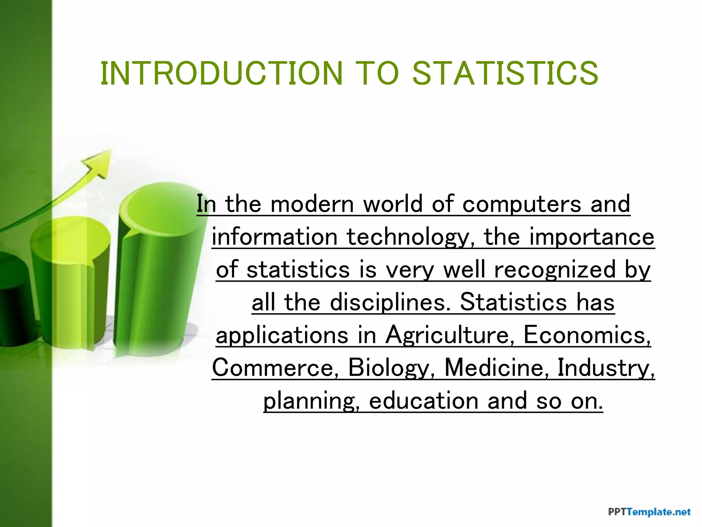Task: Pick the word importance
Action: click(592, 237)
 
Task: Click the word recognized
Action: click(555, 270)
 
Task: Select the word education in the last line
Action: click(424, 400)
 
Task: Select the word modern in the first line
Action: click(312, 204)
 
